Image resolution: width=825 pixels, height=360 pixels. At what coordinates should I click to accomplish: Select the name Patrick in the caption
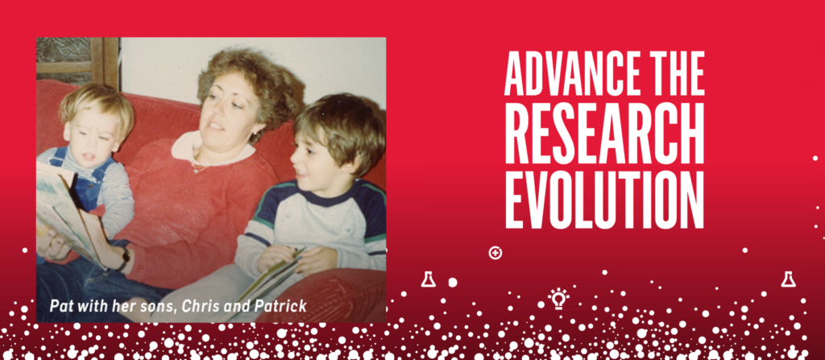tap(281, 306)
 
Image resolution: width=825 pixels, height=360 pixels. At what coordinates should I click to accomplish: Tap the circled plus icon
tap(495, 253)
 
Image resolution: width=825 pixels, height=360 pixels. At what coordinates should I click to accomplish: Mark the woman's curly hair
tap(253, 85)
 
